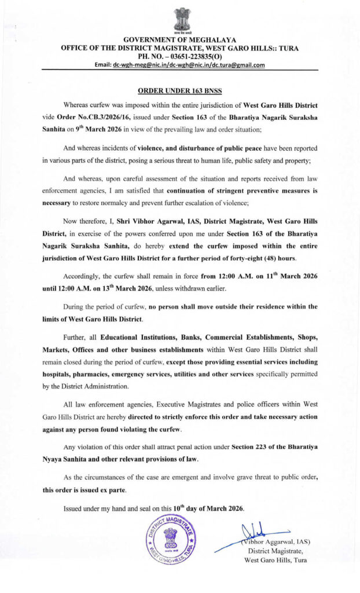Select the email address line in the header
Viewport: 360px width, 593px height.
point(179,65)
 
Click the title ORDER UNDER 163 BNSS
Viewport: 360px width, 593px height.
point(180,91)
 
